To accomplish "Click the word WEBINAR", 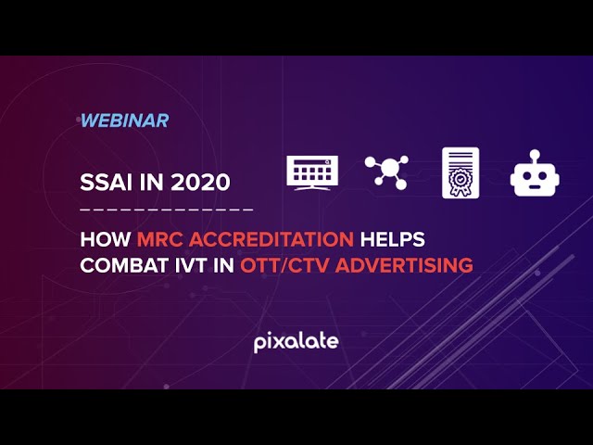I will (124, 121).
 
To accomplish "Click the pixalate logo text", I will (296, 342).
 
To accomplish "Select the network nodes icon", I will (386, 172).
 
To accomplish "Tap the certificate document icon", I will (460, 172).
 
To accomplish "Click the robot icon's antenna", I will (533, 155).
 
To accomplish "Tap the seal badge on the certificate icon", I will (460, 178).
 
